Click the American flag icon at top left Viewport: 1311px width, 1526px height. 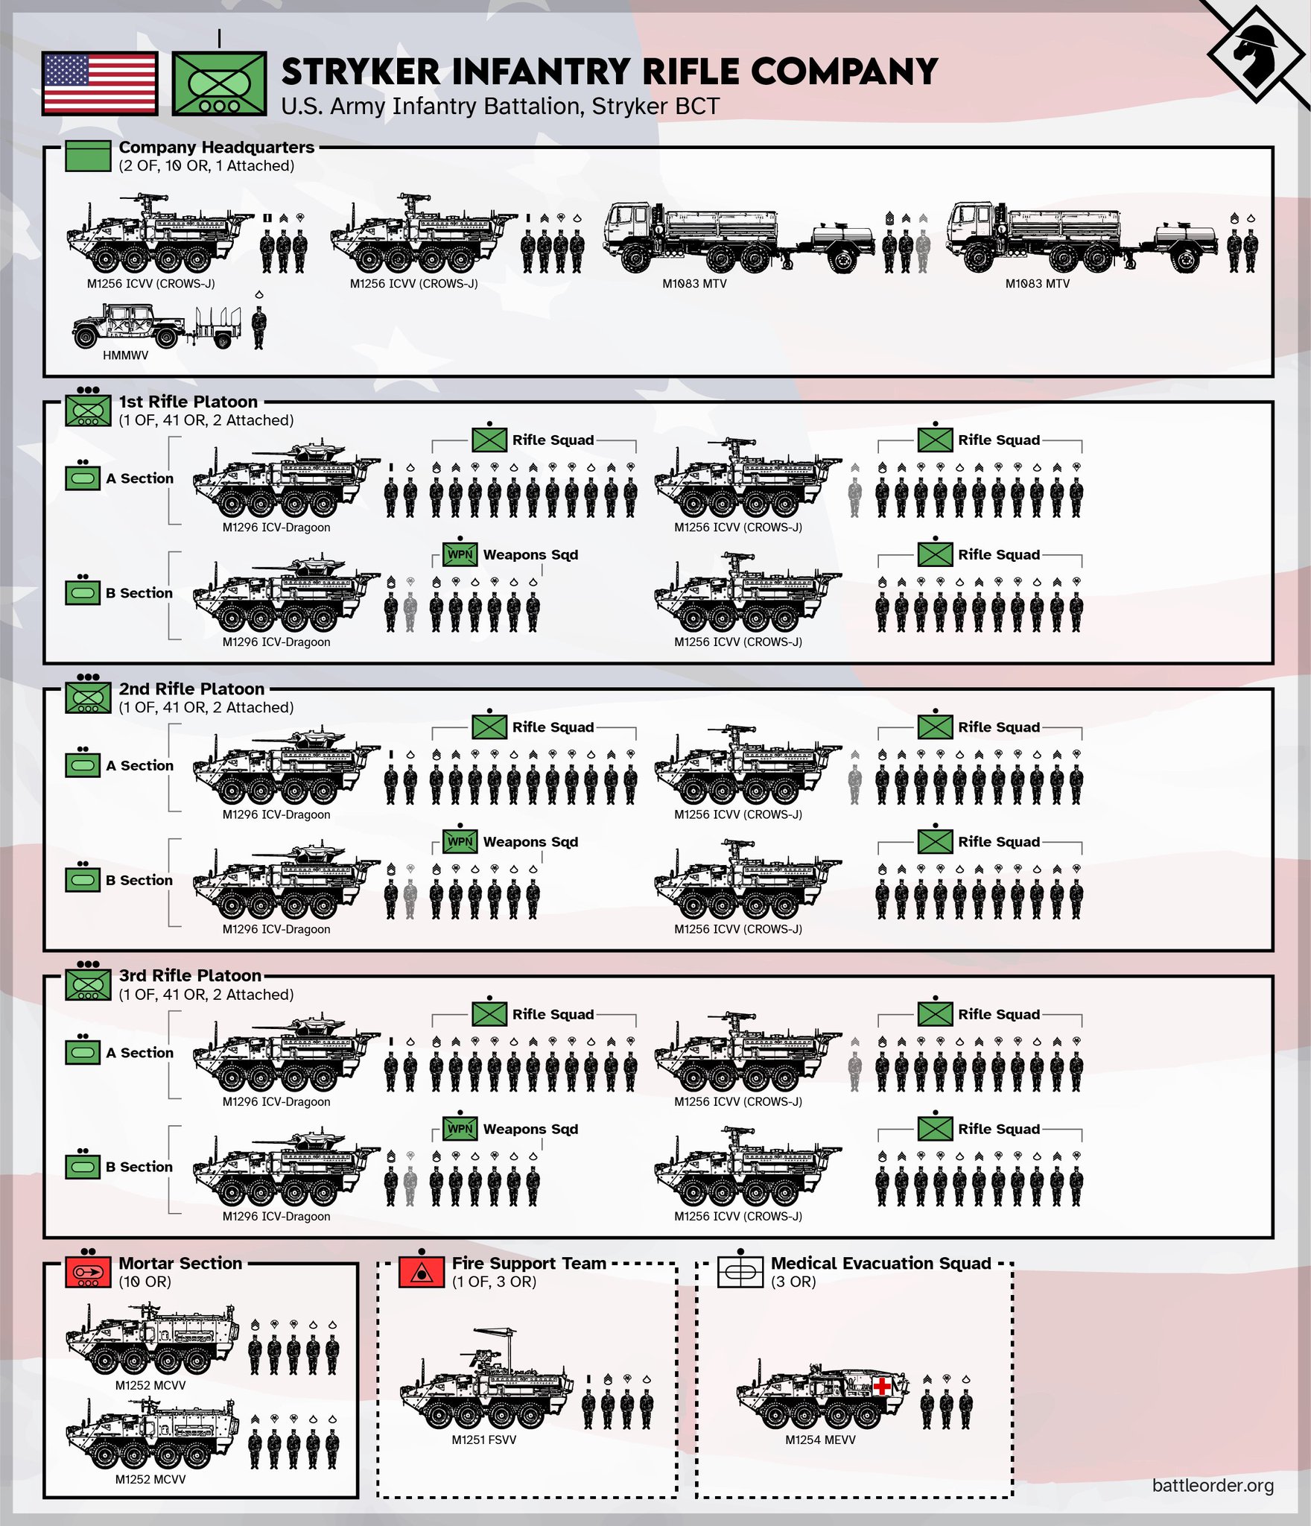[100, 83]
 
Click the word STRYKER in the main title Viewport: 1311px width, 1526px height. [361, 72]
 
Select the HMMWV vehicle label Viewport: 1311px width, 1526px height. [125, 355]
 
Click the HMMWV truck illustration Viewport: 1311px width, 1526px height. [127, 326]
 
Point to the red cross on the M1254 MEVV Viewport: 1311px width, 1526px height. [883, 1387]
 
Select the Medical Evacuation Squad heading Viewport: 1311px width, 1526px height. [880, 1263]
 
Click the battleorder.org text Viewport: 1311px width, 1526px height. [1212, 1485]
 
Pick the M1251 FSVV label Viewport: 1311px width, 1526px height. [483, 1440]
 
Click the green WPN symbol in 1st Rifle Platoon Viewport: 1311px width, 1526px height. [460, 554]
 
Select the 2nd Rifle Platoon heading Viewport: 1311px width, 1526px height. [191, 688]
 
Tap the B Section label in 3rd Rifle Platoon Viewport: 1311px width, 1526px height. [139, 1167]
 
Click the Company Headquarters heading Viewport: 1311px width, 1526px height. [216, 148]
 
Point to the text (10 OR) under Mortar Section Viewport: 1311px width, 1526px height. [145, 1282]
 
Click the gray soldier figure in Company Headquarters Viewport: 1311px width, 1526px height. [924, 250]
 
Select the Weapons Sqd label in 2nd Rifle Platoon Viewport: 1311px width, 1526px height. [530, 842]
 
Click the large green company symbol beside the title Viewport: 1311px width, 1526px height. [219, 83]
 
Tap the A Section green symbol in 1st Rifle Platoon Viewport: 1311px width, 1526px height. [83, 478]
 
